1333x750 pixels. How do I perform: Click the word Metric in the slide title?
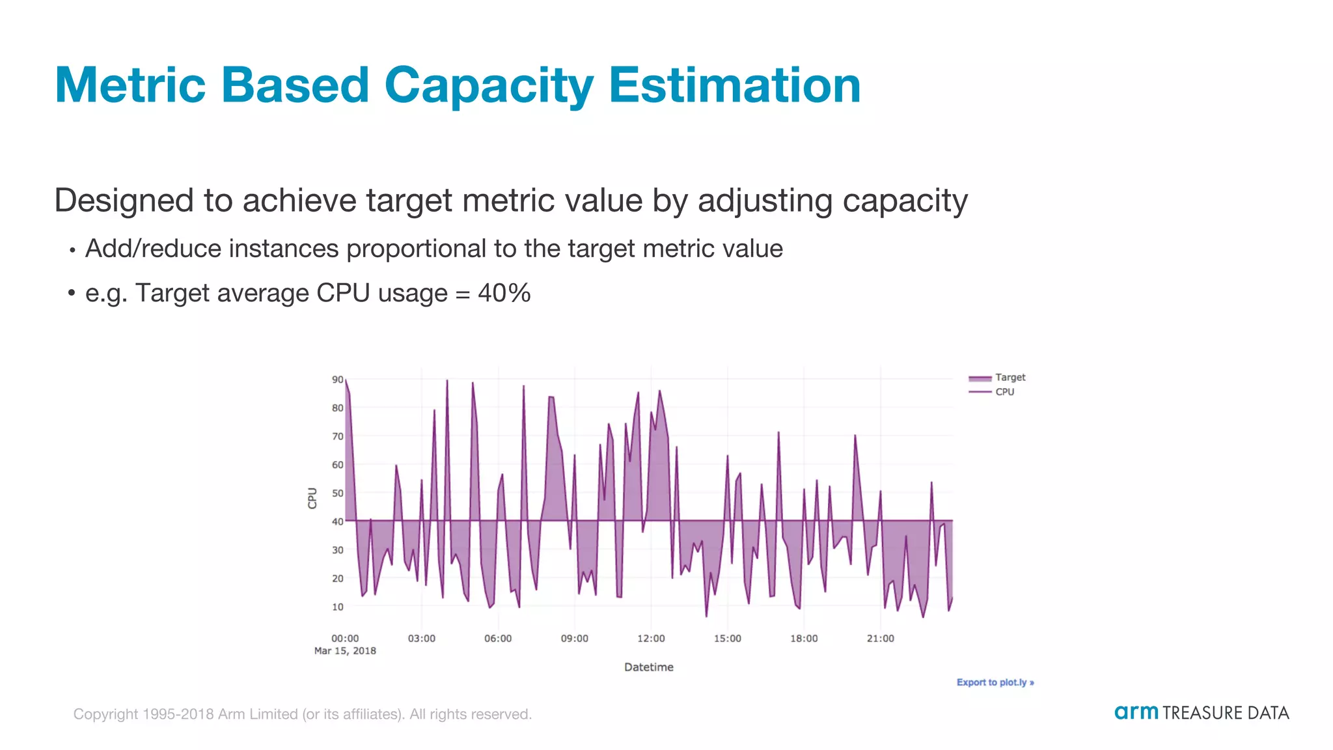pos(130,85)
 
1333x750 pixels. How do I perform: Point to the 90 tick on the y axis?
pos(337,380)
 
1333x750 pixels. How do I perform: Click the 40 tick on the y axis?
pos(337,521)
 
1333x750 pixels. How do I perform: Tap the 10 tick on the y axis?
pos(337,607)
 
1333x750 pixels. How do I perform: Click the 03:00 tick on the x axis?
pos(421,639)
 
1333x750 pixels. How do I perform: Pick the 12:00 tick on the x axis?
pos(651,639)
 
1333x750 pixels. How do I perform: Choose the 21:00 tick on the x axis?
pos(880,639)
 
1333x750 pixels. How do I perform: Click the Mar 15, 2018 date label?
pos(345,651)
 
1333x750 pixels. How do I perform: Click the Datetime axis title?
pos(648,667)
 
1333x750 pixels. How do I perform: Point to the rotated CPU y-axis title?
pos(312,498)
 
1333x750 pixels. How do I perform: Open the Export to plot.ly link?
pos(995,682)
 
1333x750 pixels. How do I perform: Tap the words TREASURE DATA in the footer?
pos(1226,713)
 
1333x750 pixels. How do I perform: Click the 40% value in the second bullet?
pos(504,294)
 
